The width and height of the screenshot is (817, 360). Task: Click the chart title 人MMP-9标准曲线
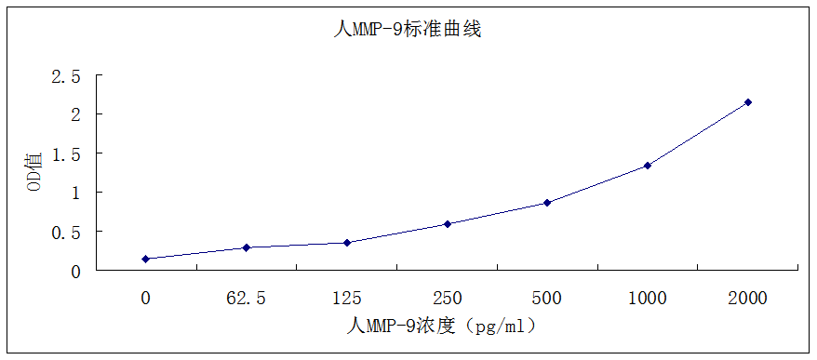pos(407,30)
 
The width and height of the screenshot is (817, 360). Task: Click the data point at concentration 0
pos(146,259)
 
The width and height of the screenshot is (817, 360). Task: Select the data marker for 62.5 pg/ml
pos(247,247)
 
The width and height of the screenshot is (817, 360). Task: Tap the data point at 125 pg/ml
pos(347,243)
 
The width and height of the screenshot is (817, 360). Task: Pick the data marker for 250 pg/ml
pos(448,223)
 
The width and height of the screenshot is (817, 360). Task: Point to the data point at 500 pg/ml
pos(547,202)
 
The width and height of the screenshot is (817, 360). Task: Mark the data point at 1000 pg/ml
pos(648,166)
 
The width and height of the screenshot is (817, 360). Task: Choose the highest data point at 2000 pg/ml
pos(748,102)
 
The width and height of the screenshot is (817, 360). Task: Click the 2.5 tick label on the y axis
pos(66,75)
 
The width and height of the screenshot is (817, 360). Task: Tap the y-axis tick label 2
pos(74,114)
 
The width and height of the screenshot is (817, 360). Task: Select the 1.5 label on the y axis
pos(66,153)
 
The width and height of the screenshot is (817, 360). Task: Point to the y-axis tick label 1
pos(74,193)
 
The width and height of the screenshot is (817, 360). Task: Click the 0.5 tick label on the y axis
pos(66,232)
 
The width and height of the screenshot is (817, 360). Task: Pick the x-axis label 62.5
pos(247,299)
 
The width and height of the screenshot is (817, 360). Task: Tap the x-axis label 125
pos(347,299)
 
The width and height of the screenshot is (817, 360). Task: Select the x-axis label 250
pos(448,299)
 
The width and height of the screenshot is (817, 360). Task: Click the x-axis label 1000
pos(648,299)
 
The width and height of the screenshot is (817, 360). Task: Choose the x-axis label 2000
pos(748,299)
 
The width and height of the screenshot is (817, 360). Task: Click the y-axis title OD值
pos(33,172)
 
